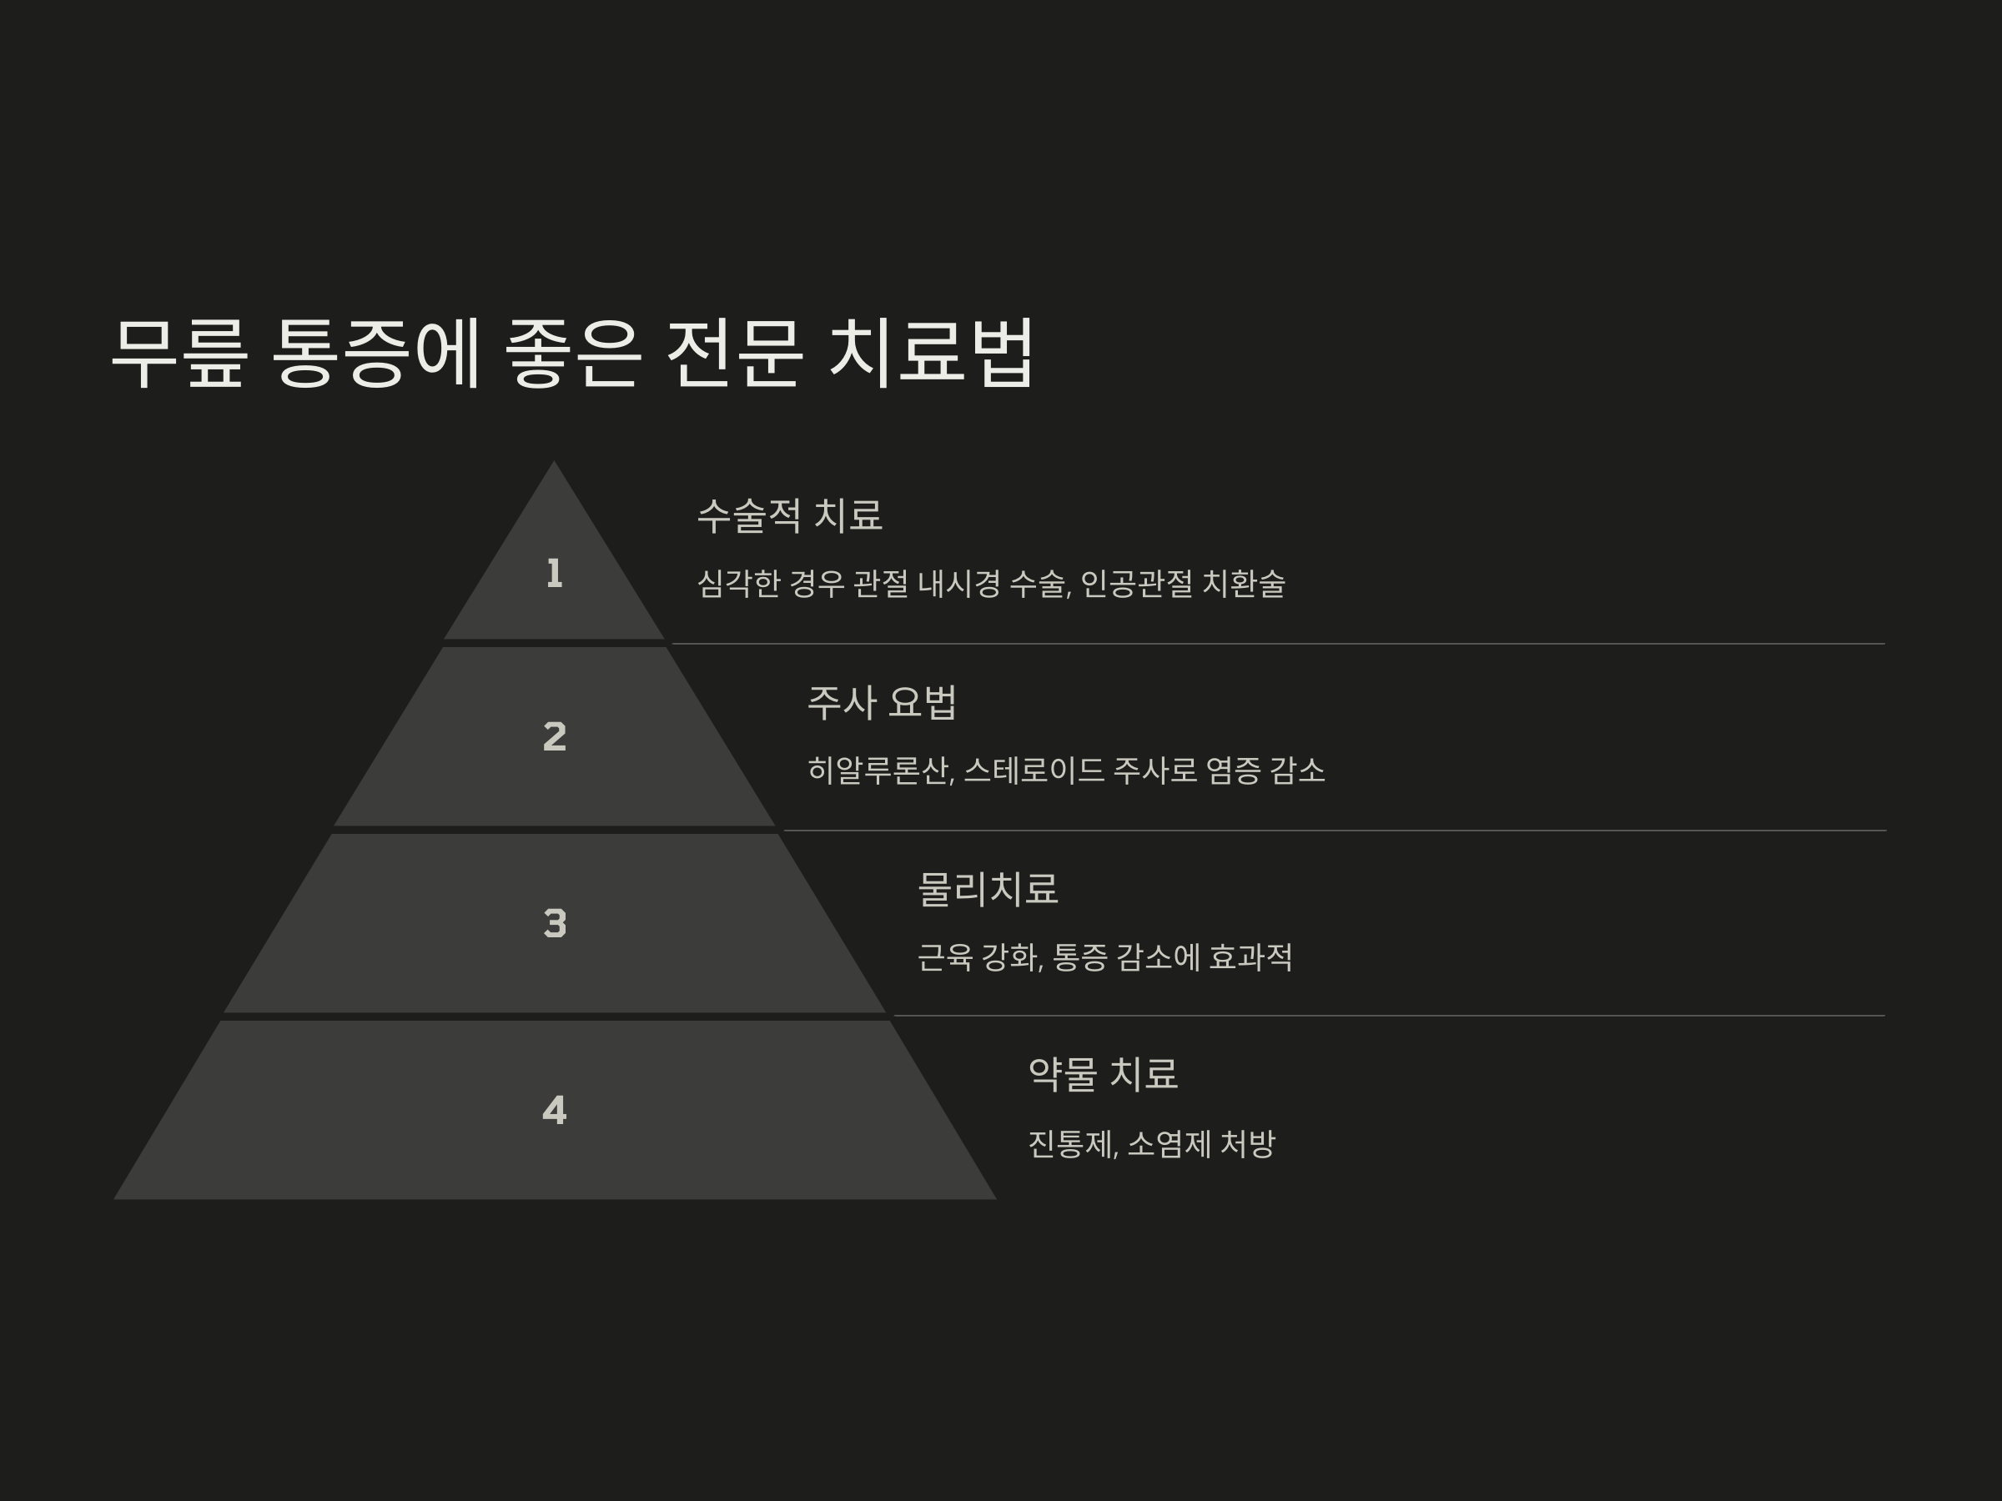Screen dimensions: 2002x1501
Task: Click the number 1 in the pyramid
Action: point(555,574)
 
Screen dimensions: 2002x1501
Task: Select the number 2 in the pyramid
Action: point(555,736)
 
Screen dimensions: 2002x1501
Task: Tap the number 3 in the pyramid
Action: point(555,924)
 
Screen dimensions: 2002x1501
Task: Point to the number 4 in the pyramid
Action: point(555,1110)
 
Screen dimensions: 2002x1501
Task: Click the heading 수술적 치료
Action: point(789,515)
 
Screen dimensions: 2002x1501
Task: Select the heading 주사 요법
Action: point(882,703)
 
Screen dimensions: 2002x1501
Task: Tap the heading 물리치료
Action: point(988,890)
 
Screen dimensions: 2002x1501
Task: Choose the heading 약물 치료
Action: point(1103,1074)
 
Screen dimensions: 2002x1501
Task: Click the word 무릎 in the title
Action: point(179,353)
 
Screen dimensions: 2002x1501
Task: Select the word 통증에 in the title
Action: point(375,353)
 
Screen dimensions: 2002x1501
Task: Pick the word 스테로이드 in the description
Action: point(1034,771)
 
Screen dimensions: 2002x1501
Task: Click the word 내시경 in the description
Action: point(959,585)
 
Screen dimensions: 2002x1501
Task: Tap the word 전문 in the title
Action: point(734,353)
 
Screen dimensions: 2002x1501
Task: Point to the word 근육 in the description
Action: point(945,957)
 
